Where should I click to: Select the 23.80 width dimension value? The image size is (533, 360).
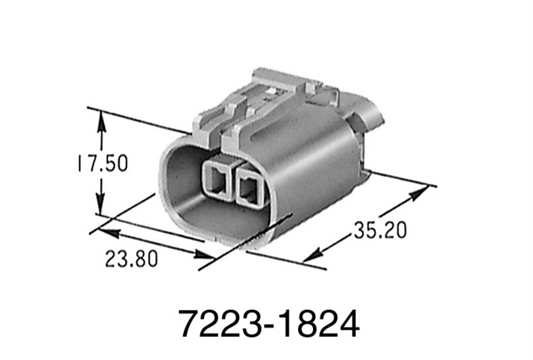[x=132, y=257]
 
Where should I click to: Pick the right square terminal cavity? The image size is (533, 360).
[x=249, y=187]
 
